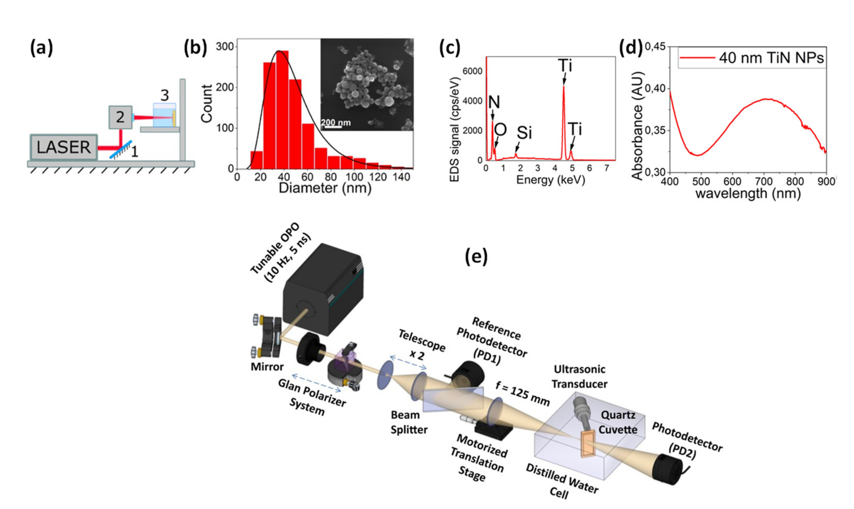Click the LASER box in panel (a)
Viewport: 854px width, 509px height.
pyautogui.click(x=64, y=147)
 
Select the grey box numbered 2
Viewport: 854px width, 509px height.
pyautogui.click(x=120, y=117)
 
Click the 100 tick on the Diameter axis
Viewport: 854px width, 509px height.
pyautogui.click(x=354, y=177)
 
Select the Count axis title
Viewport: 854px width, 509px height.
pyautogui.click(x=207, y=104)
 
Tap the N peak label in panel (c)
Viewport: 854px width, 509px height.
pyautogui.click(x=494, y=102)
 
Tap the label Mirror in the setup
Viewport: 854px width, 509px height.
pyautogui.click(x=267, y=367)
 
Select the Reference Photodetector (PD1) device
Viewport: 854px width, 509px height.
pyautogui.click(x=467, y=377)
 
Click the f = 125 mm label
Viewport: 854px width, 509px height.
pyautogui.click(x=522, y=394)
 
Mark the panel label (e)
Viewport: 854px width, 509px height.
pyautogui.click(x=476, y=256)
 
